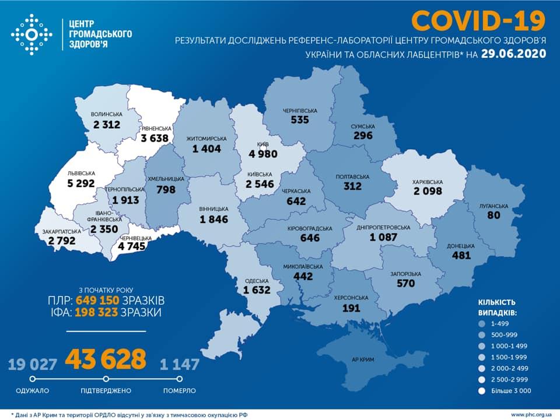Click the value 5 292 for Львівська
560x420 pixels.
(81, 183)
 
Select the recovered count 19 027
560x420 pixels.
(33, 365)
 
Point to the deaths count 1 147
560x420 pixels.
(179, 365)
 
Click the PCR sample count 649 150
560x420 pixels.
(97, 301)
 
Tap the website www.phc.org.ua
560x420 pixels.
(531, 414)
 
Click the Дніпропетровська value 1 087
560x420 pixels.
(383, 237)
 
